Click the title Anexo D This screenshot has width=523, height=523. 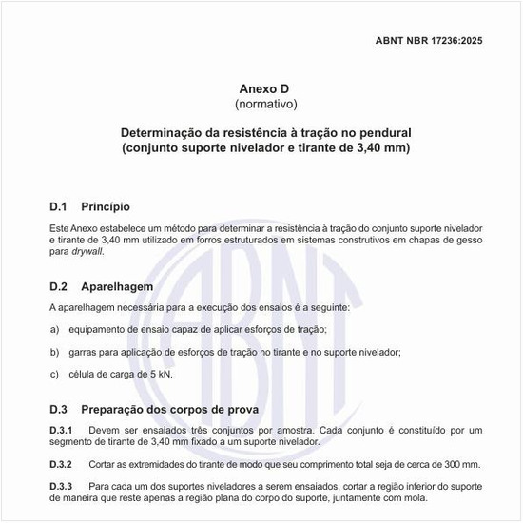click(261, 87)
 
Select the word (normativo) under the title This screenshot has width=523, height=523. click(261, 102)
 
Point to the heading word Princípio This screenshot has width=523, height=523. click(106, 206)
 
